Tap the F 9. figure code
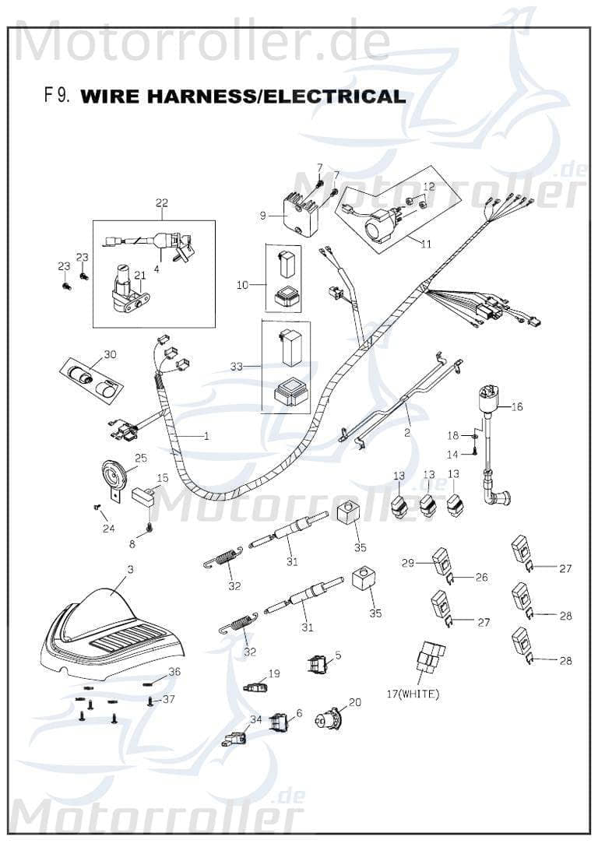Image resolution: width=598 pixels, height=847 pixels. pos(58,96)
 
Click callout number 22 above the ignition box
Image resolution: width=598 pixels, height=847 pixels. pos(162,204)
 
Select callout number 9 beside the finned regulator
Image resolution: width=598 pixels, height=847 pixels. pos(263,216)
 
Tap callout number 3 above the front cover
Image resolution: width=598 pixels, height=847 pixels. pos(130,570)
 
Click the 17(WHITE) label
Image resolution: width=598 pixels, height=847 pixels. pos(413,694)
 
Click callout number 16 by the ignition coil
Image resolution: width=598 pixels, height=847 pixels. pos(518,406)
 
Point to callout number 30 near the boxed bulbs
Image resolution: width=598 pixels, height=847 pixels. pos(110,354)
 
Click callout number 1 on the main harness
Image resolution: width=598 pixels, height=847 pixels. pos(206,436)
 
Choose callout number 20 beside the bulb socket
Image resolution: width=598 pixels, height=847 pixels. pos(355,701)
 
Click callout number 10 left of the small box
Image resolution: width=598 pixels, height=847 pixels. pos(241,286)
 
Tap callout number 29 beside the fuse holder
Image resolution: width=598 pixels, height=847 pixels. pos(406,561)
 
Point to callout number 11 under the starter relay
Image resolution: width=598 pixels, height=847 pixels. pos(425,244)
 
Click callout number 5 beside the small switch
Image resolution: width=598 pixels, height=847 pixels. pos(338,655)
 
